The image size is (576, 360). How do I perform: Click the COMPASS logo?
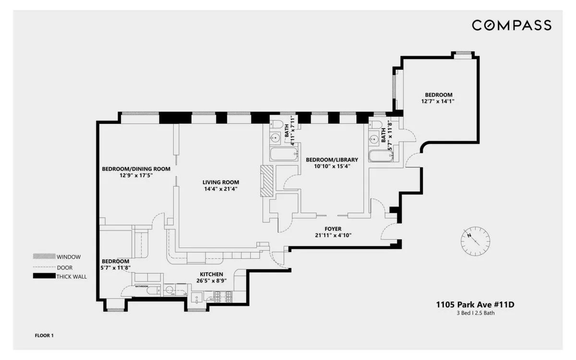tap(511, 25)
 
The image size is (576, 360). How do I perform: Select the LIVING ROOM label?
tap(220, 182)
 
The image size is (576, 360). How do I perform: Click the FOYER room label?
tap(333, 229)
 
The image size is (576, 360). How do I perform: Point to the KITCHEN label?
tap(211, 274)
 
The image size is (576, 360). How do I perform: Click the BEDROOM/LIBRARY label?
tap(331, 159)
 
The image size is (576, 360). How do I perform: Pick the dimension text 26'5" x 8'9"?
tap(211, 280)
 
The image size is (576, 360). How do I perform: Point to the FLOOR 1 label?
tap(44, 335)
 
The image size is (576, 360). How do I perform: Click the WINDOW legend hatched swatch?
tap(44, 256)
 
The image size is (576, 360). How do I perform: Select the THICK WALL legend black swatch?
tap(44, 276)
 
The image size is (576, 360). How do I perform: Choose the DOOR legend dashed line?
tap(44, 267)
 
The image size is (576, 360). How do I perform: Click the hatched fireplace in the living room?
tap(266, 181)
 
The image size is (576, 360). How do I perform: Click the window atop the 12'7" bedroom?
tap(463, 53)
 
